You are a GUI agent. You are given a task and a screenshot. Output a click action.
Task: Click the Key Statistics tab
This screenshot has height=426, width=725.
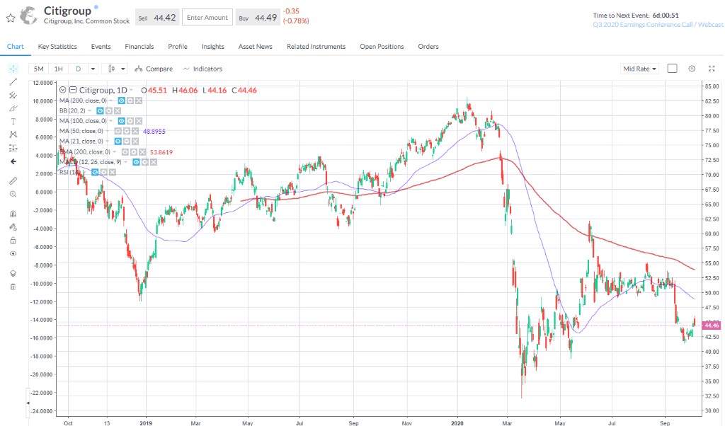[x=57, y=47]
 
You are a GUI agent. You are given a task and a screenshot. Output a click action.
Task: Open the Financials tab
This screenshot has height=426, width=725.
[x=139, y=47]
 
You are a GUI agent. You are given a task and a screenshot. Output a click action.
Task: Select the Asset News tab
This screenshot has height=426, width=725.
[x=255, y=47]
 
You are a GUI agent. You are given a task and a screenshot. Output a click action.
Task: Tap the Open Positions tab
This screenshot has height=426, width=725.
[x=382, y=47]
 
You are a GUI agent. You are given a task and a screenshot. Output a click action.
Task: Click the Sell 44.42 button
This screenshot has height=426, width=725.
[x=156, y=18]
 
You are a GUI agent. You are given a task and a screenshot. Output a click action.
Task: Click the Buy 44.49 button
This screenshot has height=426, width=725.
[x=256, y=18]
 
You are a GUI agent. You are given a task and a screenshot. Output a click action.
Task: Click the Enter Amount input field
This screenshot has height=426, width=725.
[x=207, y=18]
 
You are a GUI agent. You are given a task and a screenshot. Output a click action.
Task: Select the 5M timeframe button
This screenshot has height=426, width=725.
[x=39, y=69]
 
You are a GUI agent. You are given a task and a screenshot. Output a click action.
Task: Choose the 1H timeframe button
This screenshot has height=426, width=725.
[x=59, y=69]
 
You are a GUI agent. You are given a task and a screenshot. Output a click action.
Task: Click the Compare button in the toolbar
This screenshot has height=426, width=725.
[x=154, y=69]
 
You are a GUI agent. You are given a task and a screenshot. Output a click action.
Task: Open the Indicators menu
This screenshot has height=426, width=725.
[x=202, y=69]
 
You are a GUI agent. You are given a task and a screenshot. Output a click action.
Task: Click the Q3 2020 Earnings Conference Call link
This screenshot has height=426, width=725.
[x=658, y=24]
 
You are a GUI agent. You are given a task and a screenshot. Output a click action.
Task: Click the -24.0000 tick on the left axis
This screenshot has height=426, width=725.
[x=42, y=411]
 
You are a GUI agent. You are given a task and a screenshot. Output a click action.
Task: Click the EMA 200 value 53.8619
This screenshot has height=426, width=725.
[x=161, y=152]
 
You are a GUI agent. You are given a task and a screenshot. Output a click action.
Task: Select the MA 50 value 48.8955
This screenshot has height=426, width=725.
[x=154, y=132]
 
